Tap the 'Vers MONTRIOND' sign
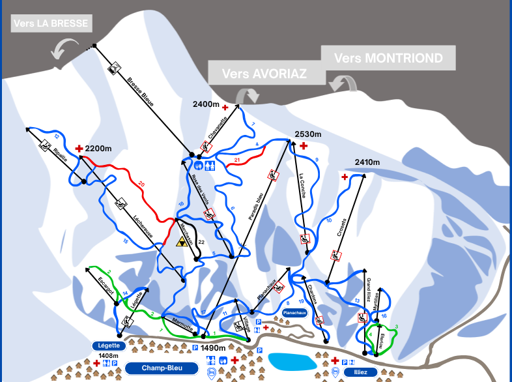tap(388, 58)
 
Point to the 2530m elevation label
tap(308, 134)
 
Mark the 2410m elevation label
tap(367, 162)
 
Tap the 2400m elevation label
tap(206, 104)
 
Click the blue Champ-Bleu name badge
tap(162, 368)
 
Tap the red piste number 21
tap(237, 159)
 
